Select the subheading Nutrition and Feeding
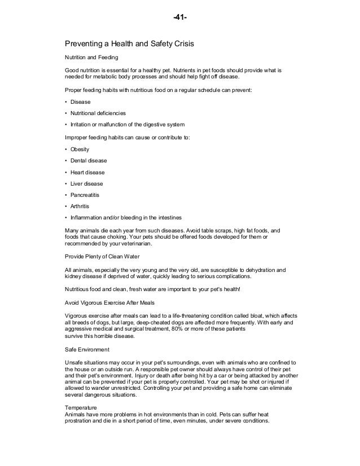click(91, 57)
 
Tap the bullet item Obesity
click(80, 149)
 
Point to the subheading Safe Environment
click(86, 349)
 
